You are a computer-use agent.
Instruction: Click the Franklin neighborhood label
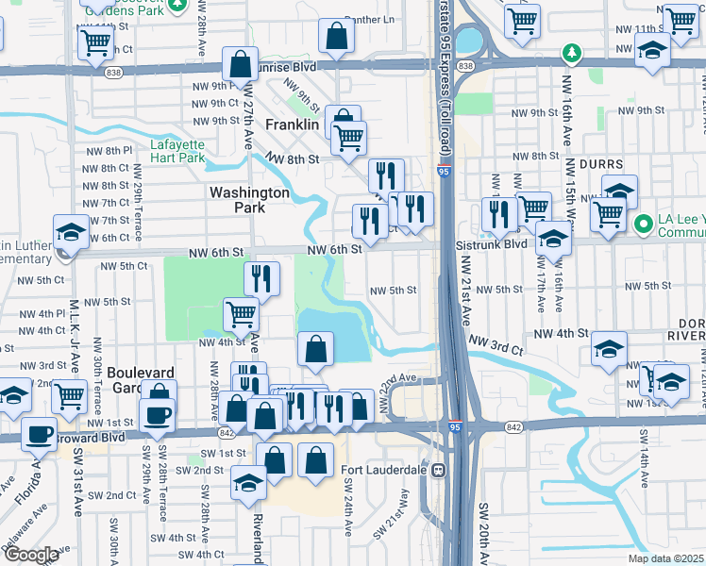294,125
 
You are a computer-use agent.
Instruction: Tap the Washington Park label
249,199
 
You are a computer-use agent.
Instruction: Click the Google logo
31,555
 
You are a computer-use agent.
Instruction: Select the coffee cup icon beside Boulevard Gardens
157,413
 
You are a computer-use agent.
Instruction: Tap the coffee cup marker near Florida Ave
39,433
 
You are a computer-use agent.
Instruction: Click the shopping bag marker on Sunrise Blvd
241,64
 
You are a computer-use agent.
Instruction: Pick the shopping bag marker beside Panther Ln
337,37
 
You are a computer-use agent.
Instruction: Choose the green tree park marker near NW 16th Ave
569,51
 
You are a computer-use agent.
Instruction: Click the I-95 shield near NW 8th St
444,172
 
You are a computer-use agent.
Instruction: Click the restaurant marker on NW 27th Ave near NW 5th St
261,277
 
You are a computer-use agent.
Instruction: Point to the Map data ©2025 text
666,558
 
